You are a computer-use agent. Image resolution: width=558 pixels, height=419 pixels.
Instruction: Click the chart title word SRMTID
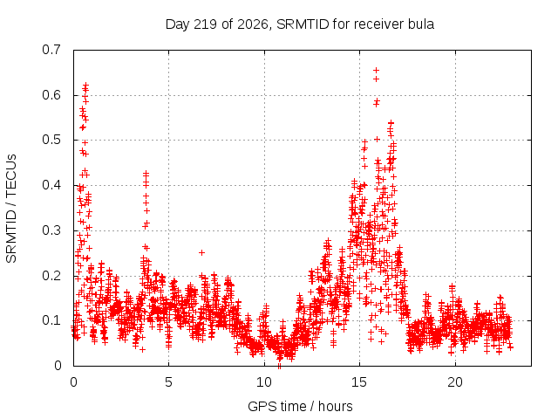tap(303, 24)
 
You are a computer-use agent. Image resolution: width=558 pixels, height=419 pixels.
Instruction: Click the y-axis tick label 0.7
tap(51, 50)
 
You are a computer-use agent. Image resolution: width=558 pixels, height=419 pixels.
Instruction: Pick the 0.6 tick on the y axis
tap(51, 95)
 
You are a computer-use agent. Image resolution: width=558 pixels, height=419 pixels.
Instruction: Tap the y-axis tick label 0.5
tap(51, 140)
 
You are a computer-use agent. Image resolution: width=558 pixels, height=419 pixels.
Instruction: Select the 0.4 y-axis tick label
tap(51, 185)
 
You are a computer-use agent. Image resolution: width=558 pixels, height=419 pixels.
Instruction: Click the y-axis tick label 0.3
tap(51, 230)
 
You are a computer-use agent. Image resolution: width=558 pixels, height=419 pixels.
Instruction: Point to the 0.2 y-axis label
tap(51, 276)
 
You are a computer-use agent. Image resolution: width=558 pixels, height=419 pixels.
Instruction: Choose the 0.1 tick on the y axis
tap(51, 320)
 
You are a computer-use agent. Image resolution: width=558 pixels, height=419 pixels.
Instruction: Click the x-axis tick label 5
tap(168, 382)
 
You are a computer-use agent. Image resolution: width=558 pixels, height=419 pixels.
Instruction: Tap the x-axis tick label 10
tap(264, 382)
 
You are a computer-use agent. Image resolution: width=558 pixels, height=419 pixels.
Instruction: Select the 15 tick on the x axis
tap(359, 382)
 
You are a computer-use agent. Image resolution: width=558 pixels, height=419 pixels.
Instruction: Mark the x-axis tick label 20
tap(455, 382)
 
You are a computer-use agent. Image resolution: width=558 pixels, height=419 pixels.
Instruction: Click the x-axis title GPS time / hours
tap(300, 406)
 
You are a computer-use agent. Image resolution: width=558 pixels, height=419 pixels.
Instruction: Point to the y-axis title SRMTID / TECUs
tap(11, 209)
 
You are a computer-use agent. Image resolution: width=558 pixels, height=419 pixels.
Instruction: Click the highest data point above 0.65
tap(376, 70)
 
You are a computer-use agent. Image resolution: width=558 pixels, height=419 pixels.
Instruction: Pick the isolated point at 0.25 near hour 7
tap(201, 252)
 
